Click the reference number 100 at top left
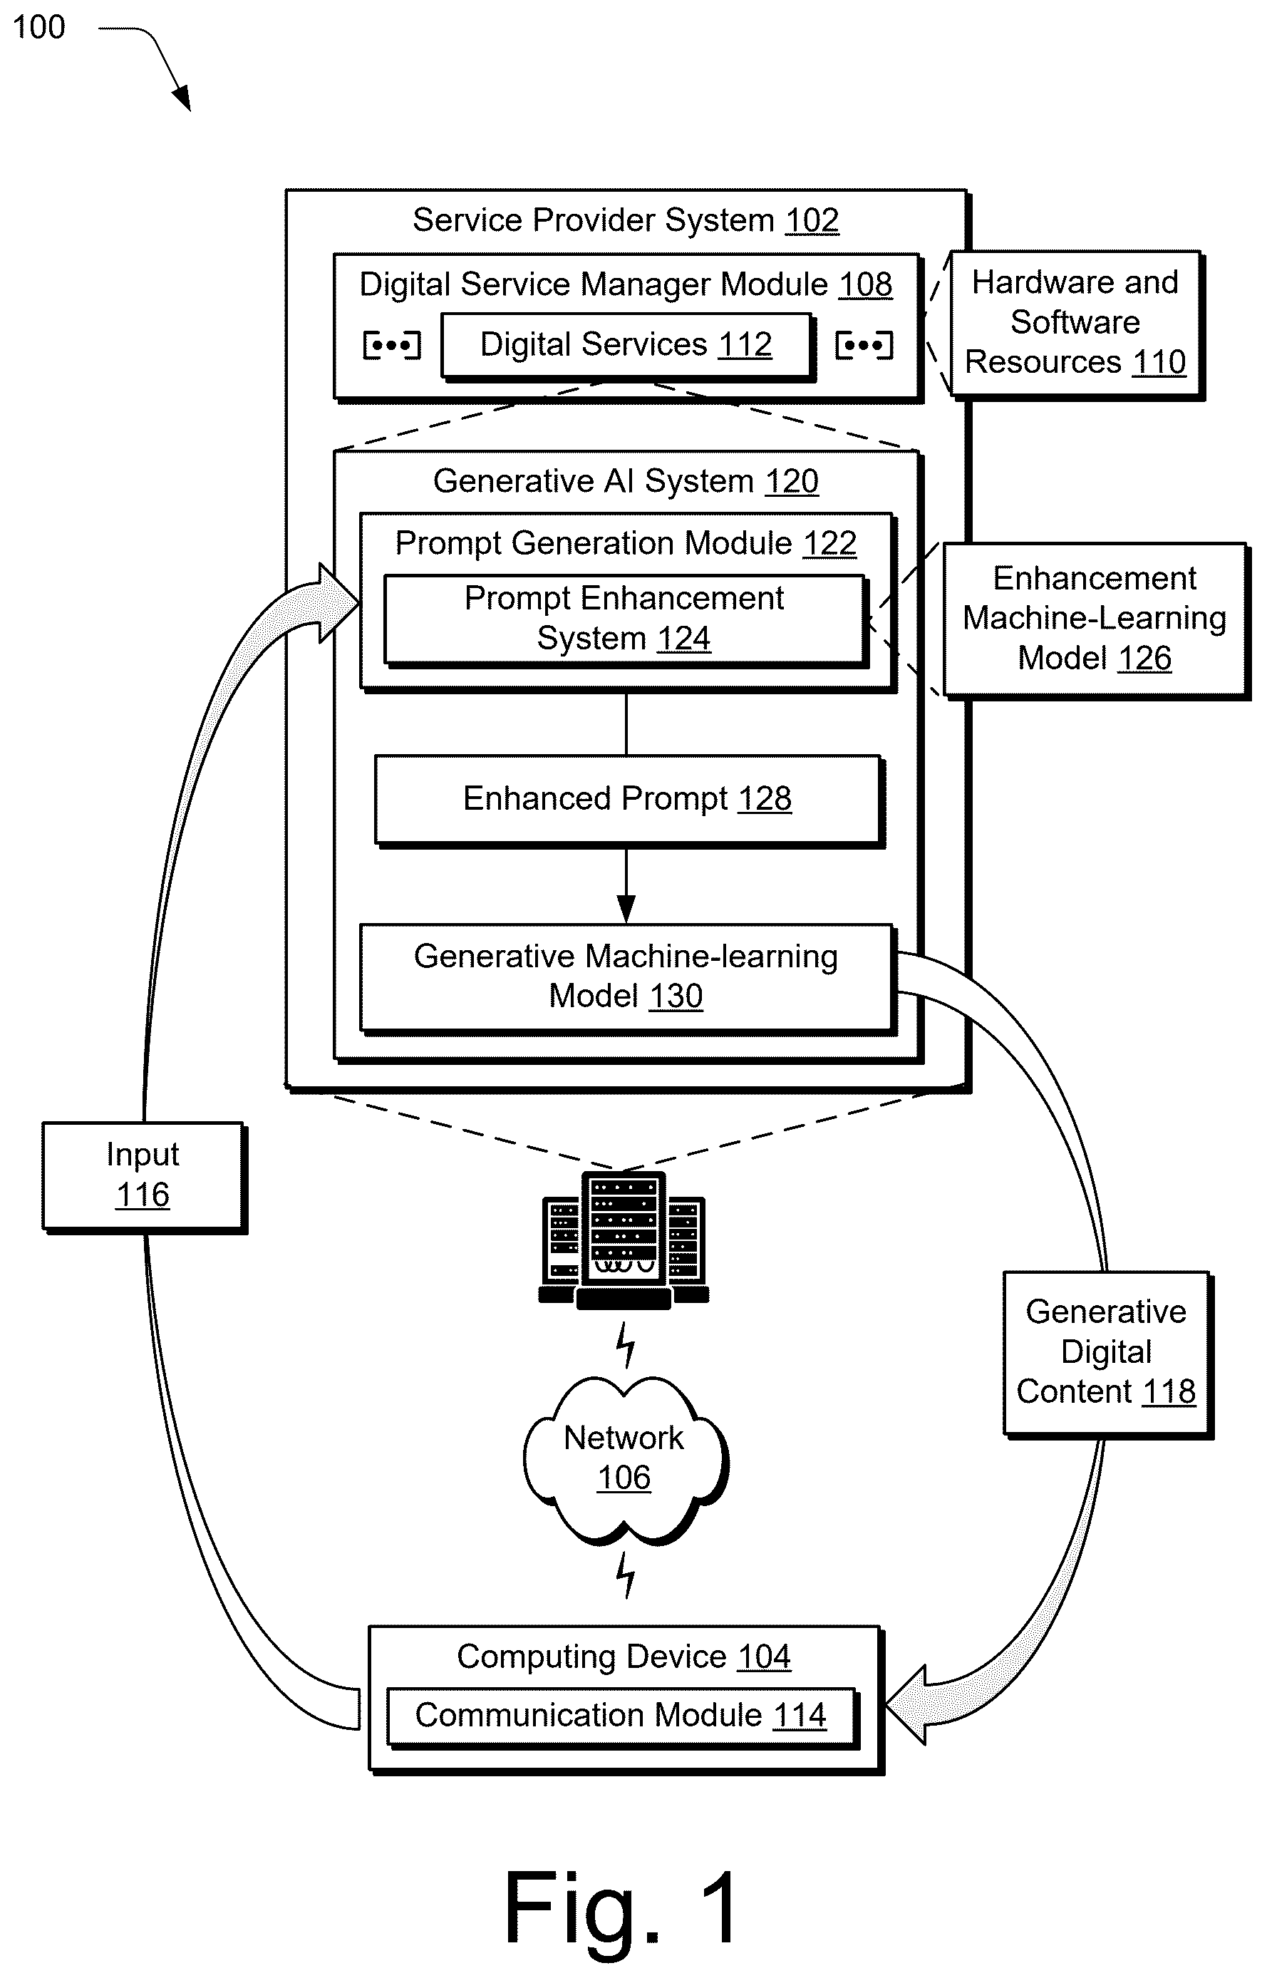[38, 27]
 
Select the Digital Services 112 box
[628, 346]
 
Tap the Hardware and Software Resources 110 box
[1077, 324]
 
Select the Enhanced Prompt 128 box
[629, 800]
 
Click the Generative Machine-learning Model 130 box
[628, 977]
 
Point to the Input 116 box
[144, 1177]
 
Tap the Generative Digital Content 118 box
[1107, 1354]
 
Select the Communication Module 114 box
[623, 1717]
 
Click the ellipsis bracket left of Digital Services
[392, 345]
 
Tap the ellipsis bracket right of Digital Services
[864, 345]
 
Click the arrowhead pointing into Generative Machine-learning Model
[626, 910]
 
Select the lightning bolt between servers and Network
[627, 1344]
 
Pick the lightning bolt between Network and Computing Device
[627, 1575]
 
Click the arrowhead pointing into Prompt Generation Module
[339, 604]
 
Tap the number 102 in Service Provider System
[812, 220]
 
